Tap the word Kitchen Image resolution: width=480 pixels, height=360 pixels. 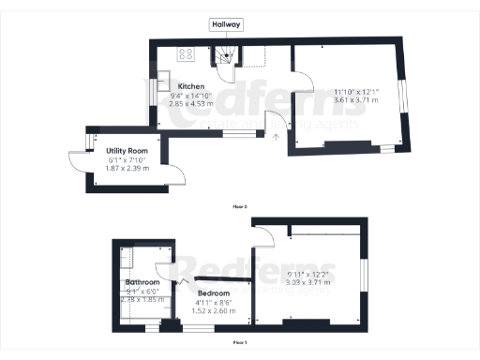[x=179, y=85]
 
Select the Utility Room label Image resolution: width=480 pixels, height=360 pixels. [x=128, y=150]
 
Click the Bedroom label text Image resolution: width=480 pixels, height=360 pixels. [x=214, y=293]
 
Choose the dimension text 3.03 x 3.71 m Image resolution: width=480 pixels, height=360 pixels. [x=304, y=281]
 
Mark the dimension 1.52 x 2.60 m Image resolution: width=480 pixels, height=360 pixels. [x=216, y=310]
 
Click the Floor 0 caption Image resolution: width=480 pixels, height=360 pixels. [x=240, y=204]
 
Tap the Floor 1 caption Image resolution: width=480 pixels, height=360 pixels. [x=240, y=343]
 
